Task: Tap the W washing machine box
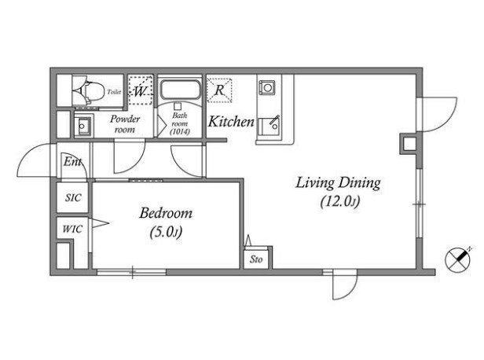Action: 141,90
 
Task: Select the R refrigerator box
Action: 219,90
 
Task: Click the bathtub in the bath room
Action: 180,90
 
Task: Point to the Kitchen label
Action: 231,121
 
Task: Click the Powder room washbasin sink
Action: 83,126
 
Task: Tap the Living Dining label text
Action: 338,183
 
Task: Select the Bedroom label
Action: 166,213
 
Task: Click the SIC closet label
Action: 73,197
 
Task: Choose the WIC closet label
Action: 72,229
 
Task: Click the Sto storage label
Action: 256,259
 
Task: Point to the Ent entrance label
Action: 72,162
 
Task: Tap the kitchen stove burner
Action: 267,87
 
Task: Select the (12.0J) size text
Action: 340,202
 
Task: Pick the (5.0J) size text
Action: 166,232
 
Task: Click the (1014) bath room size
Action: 180,132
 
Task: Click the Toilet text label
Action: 114,92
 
